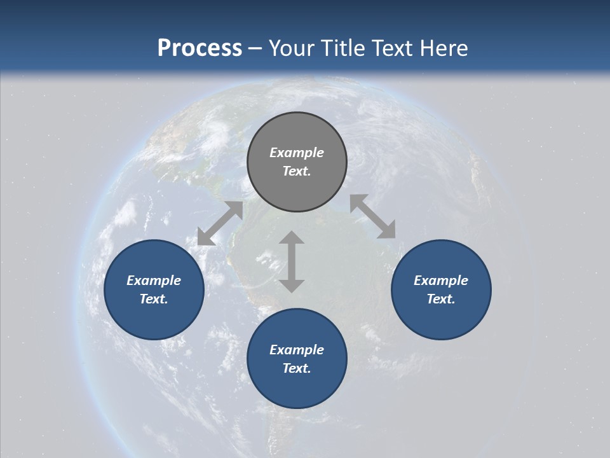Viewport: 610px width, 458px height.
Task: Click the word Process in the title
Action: click(200, 48)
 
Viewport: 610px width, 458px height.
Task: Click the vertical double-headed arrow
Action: click(292, 261)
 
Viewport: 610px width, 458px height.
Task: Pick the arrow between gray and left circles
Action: click(220, 223)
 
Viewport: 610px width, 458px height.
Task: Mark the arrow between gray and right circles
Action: click(372, 216)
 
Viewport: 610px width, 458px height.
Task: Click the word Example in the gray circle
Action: click(297, 153)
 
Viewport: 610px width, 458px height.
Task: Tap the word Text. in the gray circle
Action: click(297, 171)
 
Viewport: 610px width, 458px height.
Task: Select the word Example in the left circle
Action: click(154, 281)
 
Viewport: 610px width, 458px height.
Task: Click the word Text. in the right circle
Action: click(441, 299)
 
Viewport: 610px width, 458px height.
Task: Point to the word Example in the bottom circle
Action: click(297, 350)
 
